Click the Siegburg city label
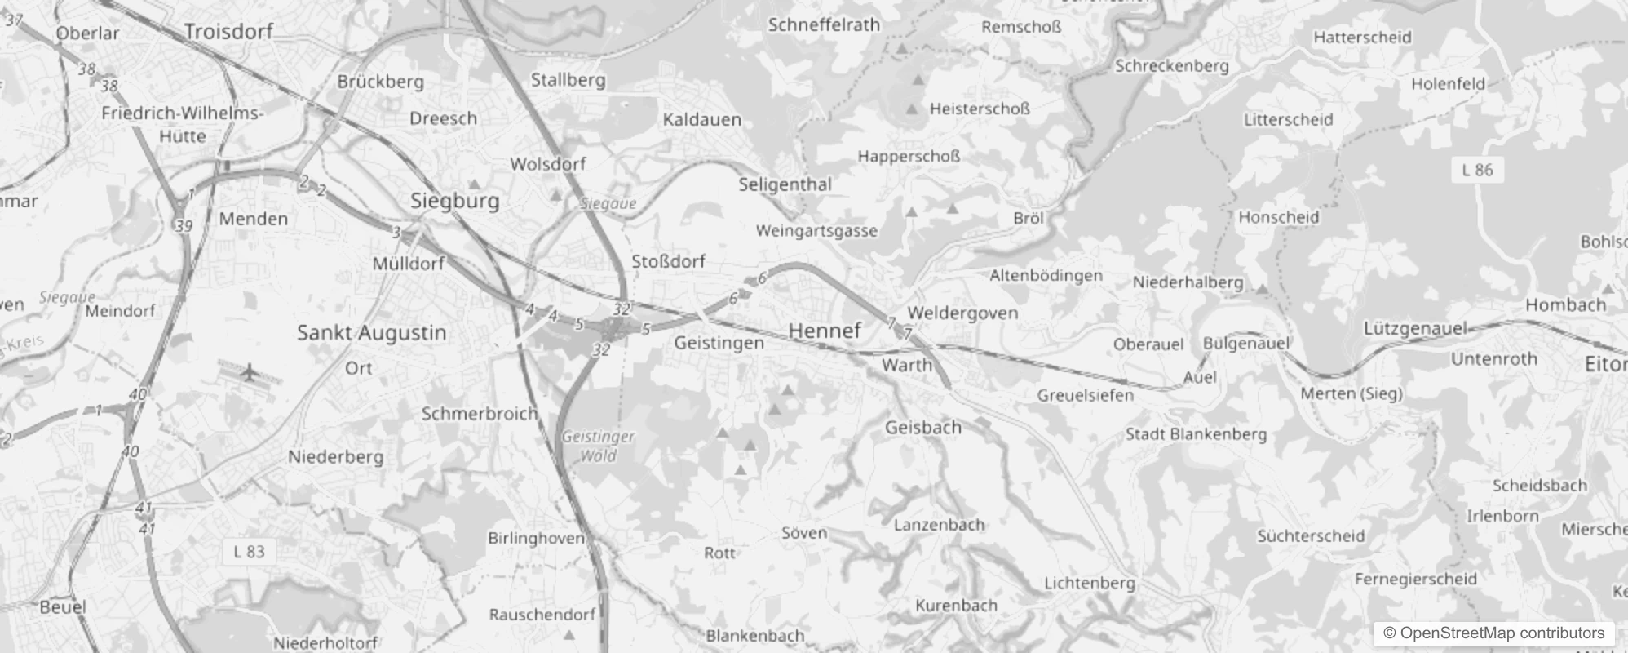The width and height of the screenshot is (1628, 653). click(454, 201)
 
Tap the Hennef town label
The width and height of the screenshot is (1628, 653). click(825, 331)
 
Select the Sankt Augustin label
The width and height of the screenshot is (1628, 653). click(371, 333)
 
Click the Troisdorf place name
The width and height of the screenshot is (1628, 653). click(228, 32)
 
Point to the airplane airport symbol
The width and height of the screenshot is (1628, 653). click(250, 372)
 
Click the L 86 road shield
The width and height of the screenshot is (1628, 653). click(1477, 170)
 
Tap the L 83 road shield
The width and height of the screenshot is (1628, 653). click(249, 552)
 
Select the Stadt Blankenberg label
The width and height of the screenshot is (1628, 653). click(1196, 434)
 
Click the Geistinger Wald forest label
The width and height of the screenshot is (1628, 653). click(598, 446)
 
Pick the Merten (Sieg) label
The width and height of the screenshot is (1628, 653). click(1351, 393)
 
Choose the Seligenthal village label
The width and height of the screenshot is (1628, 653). click(785, 184)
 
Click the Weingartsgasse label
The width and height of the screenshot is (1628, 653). click(816, 231)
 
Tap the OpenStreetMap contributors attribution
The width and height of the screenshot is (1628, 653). click(1493, 633)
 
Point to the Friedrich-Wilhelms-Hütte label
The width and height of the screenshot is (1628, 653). click(182, 124)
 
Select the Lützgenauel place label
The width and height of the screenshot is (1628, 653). click(1415, 329)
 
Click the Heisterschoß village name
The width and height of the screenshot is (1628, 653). click(980, 109)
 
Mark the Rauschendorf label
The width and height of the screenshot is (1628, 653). click(542, 615)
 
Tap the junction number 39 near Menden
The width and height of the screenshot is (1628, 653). click(184, 226)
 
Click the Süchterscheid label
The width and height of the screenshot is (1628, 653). click(1311, 536)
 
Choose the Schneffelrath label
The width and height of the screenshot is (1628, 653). click(824, 25)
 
